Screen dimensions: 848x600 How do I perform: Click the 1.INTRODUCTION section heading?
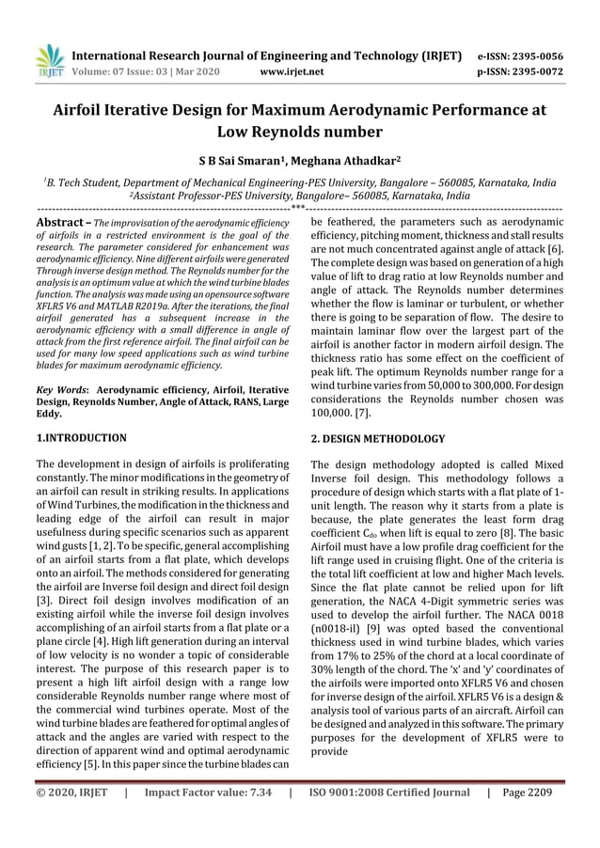pyautogui.click(x=81, y=437)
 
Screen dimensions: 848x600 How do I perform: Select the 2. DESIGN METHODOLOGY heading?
pyautogui.click(x=377, y=438)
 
